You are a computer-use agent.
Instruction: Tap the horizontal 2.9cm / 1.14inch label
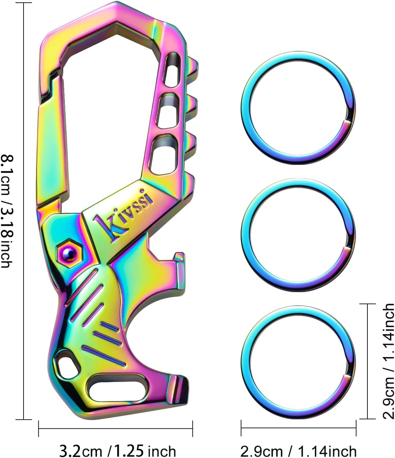click(x=298, y=450)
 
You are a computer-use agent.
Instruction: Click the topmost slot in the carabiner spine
click(x=172, y=70)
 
